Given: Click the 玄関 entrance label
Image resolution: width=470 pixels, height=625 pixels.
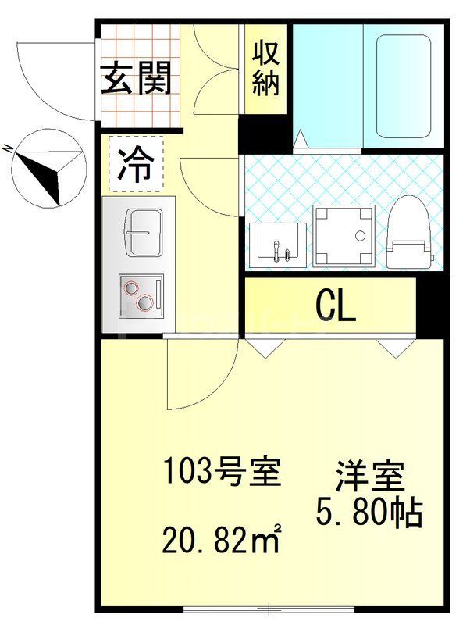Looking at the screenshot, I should click(136, 77).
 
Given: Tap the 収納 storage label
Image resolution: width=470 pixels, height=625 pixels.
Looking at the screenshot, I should click(265, 68).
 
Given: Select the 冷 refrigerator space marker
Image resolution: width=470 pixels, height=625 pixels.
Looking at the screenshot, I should click(136, 164).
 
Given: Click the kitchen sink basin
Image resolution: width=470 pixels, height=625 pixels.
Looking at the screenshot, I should click(144, 232).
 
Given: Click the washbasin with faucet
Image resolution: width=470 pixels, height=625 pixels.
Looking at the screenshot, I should click(277, 243).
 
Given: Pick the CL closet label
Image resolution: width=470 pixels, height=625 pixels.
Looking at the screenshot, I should click(336, 306).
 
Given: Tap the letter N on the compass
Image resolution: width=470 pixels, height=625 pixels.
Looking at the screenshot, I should click(6, 148).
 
